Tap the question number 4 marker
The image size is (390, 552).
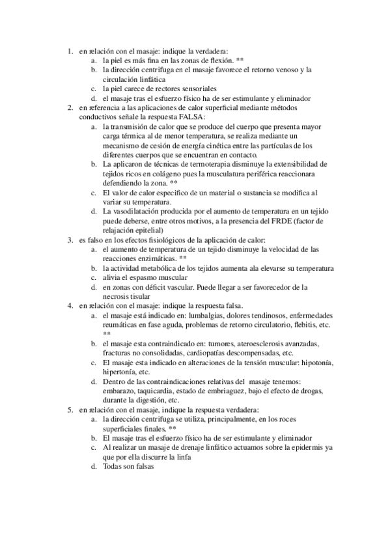(70, 306)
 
